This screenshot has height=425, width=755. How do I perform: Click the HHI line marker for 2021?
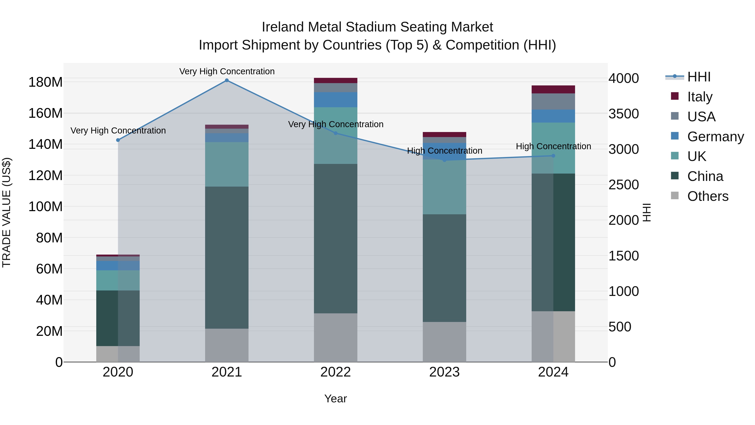(x=226, y=80)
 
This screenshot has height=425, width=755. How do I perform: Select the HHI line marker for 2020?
(x=118, y=140)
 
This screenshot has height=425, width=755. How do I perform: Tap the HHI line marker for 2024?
(x=553, y=156)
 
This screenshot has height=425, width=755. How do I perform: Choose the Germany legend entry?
(x=715, y=136)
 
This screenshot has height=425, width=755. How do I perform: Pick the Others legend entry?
(x=708, y=196)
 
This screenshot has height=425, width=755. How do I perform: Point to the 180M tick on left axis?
(x=46, y=82)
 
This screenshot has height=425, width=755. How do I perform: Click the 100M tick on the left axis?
(x=46, y=207)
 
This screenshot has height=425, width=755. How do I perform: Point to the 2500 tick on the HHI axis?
(x=624, y=185)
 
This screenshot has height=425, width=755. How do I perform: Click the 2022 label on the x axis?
(x=336, y=372)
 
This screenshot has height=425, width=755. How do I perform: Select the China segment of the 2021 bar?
(x=226, y=258)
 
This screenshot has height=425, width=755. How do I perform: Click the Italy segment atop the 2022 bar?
(x=336, y=80)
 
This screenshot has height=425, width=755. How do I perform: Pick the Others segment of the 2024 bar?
(x=553, y=336)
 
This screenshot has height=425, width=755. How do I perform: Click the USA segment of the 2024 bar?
(x=553, y=102)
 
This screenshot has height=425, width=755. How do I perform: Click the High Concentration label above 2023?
(x=444, y=151)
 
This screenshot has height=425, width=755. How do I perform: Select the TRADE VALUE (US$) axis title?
(x=7, y=212)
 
